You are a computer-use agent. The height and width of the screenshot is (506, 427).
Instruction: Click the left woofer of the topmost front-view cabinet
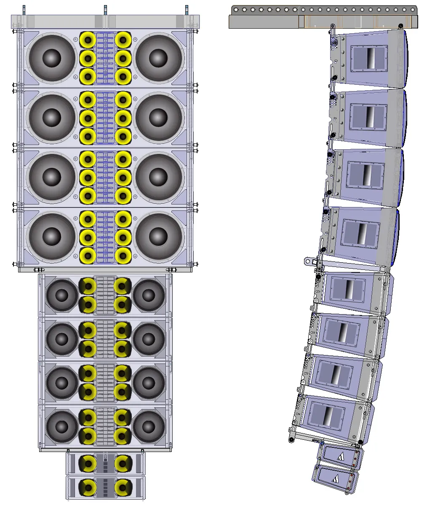point(51,58)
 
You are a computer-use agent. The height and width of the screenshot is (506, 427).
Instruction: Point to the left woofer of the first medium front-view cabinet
point(62,295)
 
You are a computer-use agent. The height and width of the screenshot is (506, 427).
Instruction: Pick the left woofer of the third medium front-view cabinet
point(62,382)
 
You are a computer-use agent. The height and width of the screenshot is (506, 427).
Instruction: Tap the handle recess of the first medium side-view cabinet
point(348,289)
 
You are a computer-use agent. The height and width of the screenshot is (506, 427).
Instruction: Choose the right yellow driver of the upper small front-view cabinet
point(123,463)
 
